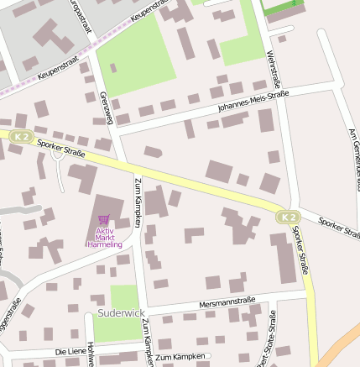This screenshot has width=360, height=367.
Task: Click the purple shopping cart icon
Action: click(x=103, y=219)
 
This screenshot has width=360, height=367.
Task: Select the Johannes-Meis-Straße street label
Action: click(x=252, y=102)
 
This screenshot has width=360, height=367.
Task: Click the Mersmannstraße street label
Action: click(x=227, y=301)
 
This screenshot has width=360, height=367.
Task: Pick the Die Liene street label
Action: click(x=70, y=350)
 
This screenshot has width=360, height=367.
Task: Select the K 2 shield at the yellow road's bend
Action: click(x=287, y=218)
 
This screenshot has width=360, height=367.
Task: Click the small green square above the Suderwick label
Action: click(x=124, y=296)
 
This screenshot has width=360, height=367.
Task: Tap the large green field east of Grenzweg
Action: click(x=137, y=55)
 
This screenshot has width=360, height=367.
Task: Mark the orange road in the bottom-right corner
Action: click(x=339, y=344)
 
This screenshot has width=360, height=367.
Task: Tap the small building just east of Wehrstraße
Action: click(x=282, y=39)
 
